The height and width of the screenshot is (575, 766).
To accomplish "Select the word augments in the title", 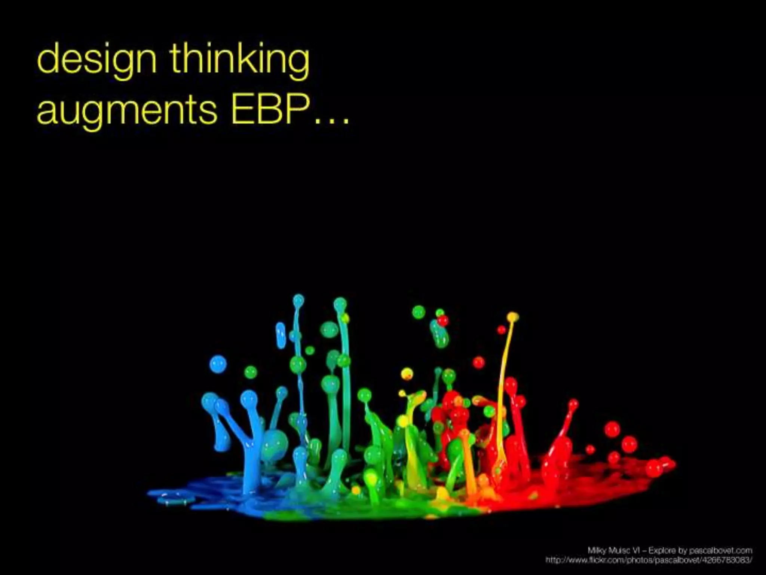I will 127,111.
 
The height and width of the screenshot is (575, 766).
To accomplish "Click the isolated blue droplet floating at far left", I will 218,363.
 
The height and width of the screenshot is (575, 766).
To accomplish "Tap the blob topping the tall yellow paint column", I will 513,317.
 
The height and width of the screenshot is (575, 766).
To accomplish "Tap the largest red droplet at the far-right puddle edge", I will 654,468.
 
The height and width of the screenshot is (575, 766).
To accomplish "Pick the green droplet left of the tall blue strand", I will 250,372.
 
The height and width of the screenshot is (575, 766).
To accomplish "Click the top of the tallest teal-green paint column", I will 340,303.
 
